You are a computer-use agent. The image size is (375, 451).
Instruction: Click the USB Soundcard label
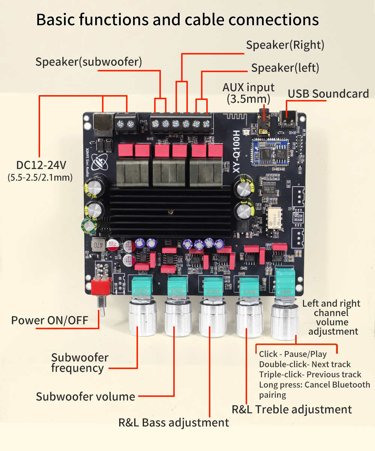click(328, 94)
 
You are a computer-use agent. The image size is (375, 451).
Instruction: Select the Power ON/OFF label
click(49, 320)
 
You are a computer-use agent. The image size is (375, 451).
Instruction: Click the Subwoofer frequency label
click(79, 363)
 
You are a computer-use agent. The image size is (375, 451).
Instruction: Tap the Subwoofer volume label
click(85, 396)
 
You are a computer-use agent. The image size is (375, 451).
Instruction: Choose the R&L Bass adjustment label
click(173, 422)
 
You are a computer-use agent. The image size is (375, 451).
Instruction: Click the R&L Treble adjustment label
click(291, 409)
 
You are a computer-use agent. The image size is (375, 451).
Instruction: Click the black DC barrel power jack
click(102, 122)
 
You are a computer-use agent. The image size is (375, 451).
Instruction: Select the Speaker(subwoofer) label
click(88, 62)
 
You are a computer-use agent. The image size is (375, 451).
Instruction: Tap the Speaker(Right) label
click(285, 45)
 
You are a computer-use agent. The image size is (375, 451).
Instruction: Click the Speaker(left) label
click(285, 68)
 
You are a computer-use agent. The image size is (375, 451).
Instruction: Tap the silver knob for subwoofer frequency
click(142, 318)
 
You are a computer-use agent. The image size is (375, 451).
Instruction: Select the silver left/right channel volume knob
click(285, 319)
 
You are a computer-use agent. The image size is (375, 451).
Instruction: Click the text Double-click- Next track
click(304, 364)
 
